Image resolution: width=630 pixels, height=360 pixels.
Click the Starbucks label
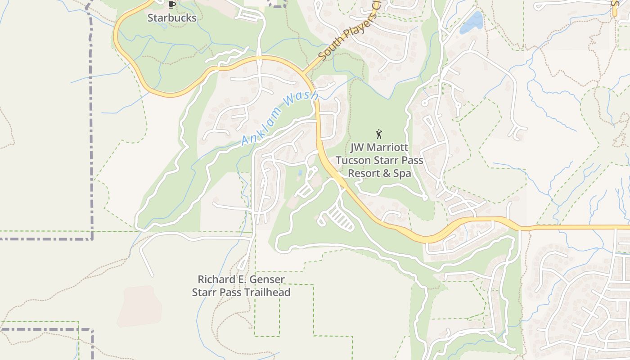[172, 18]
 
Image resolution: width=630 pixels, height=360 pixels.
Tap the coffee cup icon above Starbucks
[171, 5]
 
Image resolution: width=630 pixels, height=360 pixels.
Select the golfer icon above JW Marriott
[379, 134]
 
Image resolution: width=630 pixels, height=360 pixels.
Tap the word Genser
[267, 279]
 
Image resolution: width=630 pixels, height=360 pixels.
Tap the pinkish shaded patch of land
[139, 306]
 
